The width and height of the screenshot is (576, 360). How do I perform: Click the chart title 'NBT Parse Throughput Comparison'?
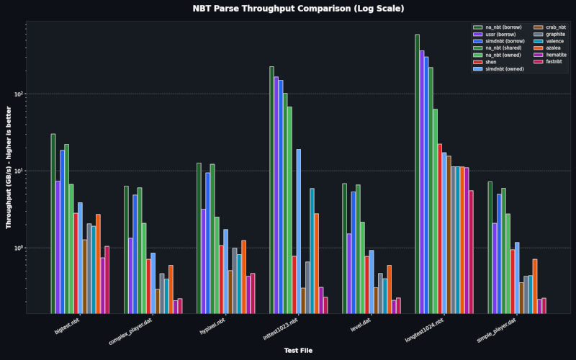(x=288, y=9)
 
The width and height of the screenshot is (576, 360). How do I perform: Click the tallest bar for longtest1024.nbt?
(x=417, y=173)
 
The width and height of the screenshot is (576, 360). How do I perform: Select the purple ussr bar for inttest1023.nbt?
(x=276, y=194)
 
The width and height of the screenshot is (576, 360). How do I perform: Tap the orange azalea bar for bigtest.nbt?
(x=98, y=263)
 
